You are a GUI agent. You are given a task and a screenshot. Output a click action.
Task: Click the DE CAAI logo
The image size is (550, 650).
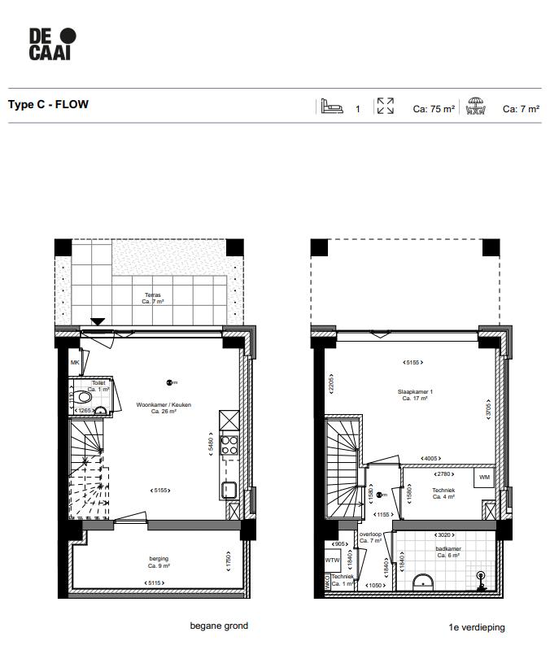pyautogui.click(x=52, y=44)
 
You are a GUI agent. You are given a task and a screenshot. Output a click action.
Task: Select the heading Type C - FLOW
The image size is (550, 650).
pyautogui.click(x=48, y=105)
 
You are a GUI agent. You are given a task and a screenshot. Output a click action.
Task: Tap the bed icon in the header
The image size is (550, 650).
pyautogui.click(x=330, y=107)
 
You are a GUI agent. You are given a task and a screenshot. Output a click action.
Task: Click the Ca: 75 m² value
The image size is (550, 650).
pyautogui.click(x=433, y=108)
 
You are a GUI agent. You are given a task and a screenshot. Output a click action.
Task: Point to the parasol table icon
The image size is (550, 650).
pyautogui.click(x=475, y=107)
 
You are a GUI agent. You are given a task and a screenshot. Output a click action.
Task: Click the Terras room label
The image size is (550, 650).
pyautogui.click(x=153, y=298)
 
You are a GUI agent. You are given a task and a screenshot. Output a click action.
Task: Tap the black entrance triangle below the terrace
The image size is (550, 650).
pyautogui.click(x=98, y=322)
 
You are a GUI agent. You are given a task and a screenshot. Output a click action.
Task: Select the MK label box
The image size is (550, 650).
pyautogui.click(x=75, y=363)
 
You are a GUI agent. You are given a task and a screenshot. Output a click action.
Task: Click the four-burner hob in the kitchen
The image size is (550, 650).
pyautogui.click(x=229, y=445)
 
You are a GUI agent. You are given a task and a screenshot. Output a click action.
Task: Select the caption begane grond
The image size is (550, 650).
pyautogui.click(x=219, y=626)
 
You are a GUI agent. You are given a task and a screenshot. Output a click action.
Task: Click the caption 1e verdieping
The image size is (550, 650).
pyautogui.click(x=477, y=627)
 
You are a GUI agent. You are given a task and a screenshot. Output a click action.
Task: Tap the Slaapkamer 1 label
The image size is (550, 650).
pyautogui.click(x=415, y=394)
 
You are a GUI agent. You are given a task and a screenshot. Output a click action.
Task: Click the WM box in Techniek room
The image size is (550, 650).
pyautogui.click(x=484, y=477)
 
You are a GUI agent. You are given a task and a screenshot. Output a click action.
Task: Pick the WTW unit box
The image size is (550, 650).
pyautogui.click(x=332, y=560)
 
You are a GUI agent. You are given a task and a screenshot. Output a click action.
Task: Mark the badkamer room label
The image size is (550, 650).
pyautogui.click(x=447, y=552)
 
